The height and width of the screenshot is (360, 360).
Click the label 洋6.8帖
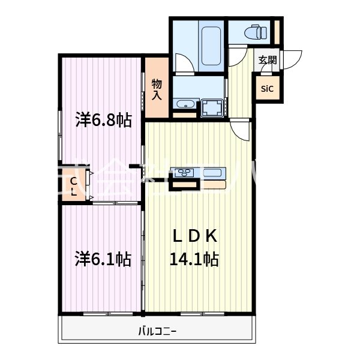click(103, 120)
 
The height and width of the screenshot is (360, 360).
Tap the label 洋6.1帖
click(103, 259)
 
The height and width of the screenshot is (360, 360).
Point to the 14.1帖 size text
click(194, 259)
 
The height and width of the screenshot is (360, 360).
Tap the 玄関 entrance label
click(268, 60)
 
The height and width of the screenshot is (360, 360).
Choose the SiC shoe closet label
click(267, 89)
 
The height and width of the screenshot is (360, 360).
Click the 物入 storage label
click(157, 89)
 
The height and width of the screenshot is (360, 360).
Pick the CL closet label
click(73, 187)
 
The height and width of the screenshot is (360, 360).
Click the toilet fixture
click(256, 31)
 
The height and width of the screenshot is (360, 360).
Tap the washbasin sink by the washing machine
click(184, 103)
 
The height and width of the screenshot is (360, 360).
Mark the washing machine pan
click(211, 109)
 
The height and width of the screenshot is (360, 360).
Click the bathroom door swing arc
click(182, 63)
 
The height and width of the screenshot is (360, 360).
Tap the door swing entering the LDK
click(242, 130)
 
